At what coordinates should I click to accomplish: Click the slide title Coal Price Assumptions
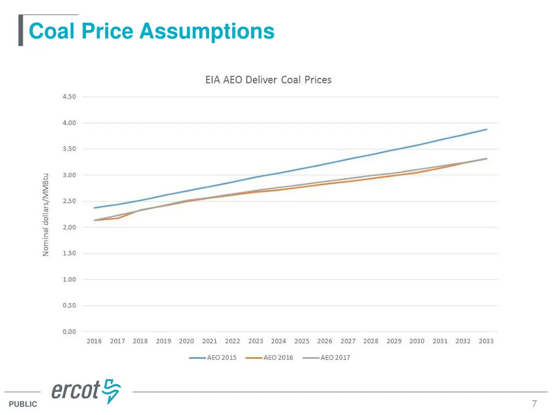point(151,31)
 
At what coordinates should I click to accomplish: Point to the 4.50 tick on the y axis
point(69,97)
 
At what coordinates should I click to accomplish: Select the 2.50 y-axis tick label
point(69,201)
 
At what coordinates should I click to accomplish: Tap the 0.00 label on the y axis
point(69,332)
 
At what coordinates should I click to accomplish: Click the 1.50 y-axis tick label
point(69,253)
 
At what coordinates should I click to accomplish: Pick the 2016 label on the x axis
point(94,341)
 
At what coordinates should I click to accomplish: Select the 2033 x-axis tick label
point(486,341)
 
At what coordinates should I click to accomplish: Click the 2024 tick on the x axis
point(279,341)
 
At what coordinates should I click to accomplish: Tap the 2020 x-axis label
point(186,341)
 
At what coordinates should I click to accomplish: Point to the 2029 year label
point(394,341)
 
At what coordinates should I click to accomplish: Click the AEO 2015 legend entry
point(213,357)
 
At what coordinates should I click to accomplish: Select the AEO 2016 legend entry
point(269,357)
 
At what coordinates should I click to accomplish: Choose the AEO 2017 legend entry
point(327,357)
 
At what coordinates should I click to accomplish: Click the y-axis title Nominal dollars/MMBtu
point(46,215)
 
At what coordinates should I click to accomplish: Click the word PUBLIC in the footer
point(23,404)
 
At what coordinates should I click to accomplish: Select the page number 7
point(534,404)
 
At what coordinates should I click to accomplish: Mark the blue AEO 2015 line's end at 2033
point(487,129)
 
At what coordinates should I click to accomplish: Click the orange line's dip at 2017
point(117,218)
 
